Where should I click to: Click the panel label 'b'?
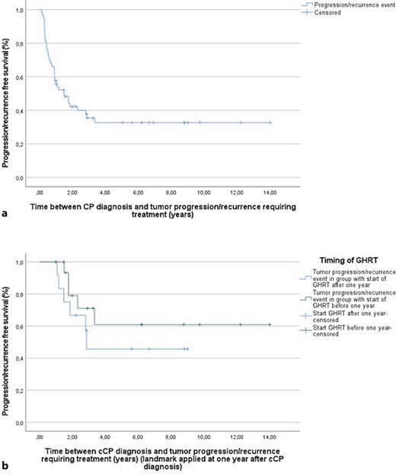6,464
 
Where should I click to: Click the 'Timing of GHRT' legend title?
344,259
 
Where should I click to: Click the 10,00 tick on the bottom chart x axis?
204,438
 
